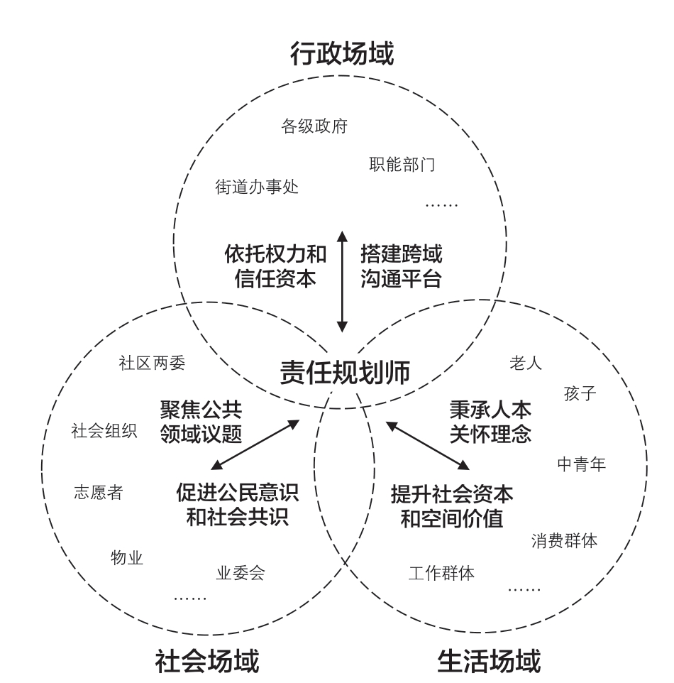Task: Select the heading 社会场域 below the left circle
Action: (207, 660)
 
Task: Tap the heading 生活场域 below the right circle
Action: (488, 660)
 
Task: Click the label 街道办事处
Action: (257, 187)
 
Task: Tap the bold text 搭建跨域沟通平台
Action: (401, 266)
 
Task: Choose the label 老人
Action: (526, 364)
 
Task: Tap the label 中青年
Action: (581, 464)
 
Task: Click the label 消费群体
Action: (564, 541)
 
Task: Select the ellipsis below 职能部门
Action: (441, 205)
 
